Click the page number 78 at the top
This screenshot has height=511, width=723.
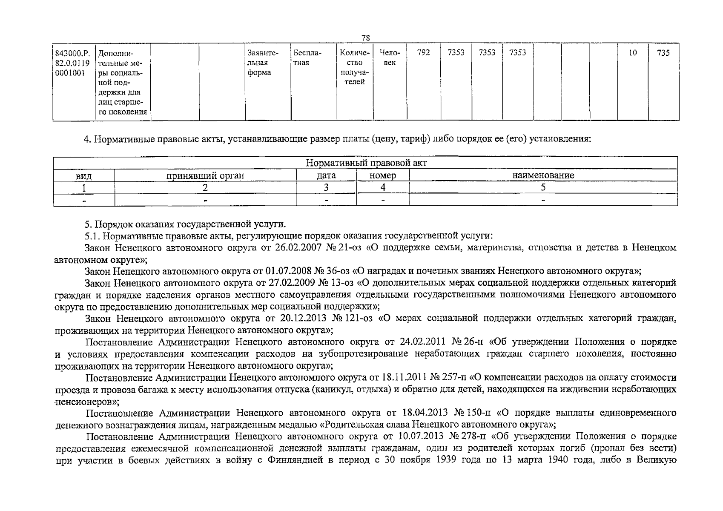point(365,38)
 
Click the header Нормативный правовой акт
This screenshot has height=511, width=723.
point(366,163)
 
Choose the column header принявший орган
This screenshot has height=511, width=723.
point(205,175)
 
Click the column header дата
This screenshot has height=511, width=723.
point(327,175)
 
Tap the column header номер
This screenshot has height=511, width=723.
point(383,175)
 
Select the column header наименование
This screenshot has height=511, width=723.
point(543,175)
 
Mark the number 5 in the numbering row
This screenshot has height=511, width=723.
point(543,187)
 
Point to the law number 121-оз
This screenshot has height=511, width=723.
point(359,318)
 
